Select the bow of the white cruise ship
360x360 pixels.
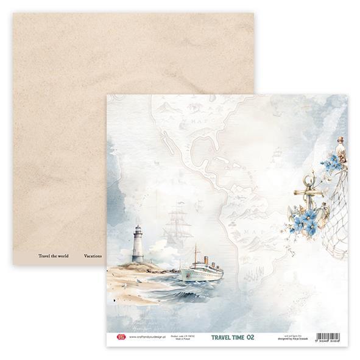point(183,269)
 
